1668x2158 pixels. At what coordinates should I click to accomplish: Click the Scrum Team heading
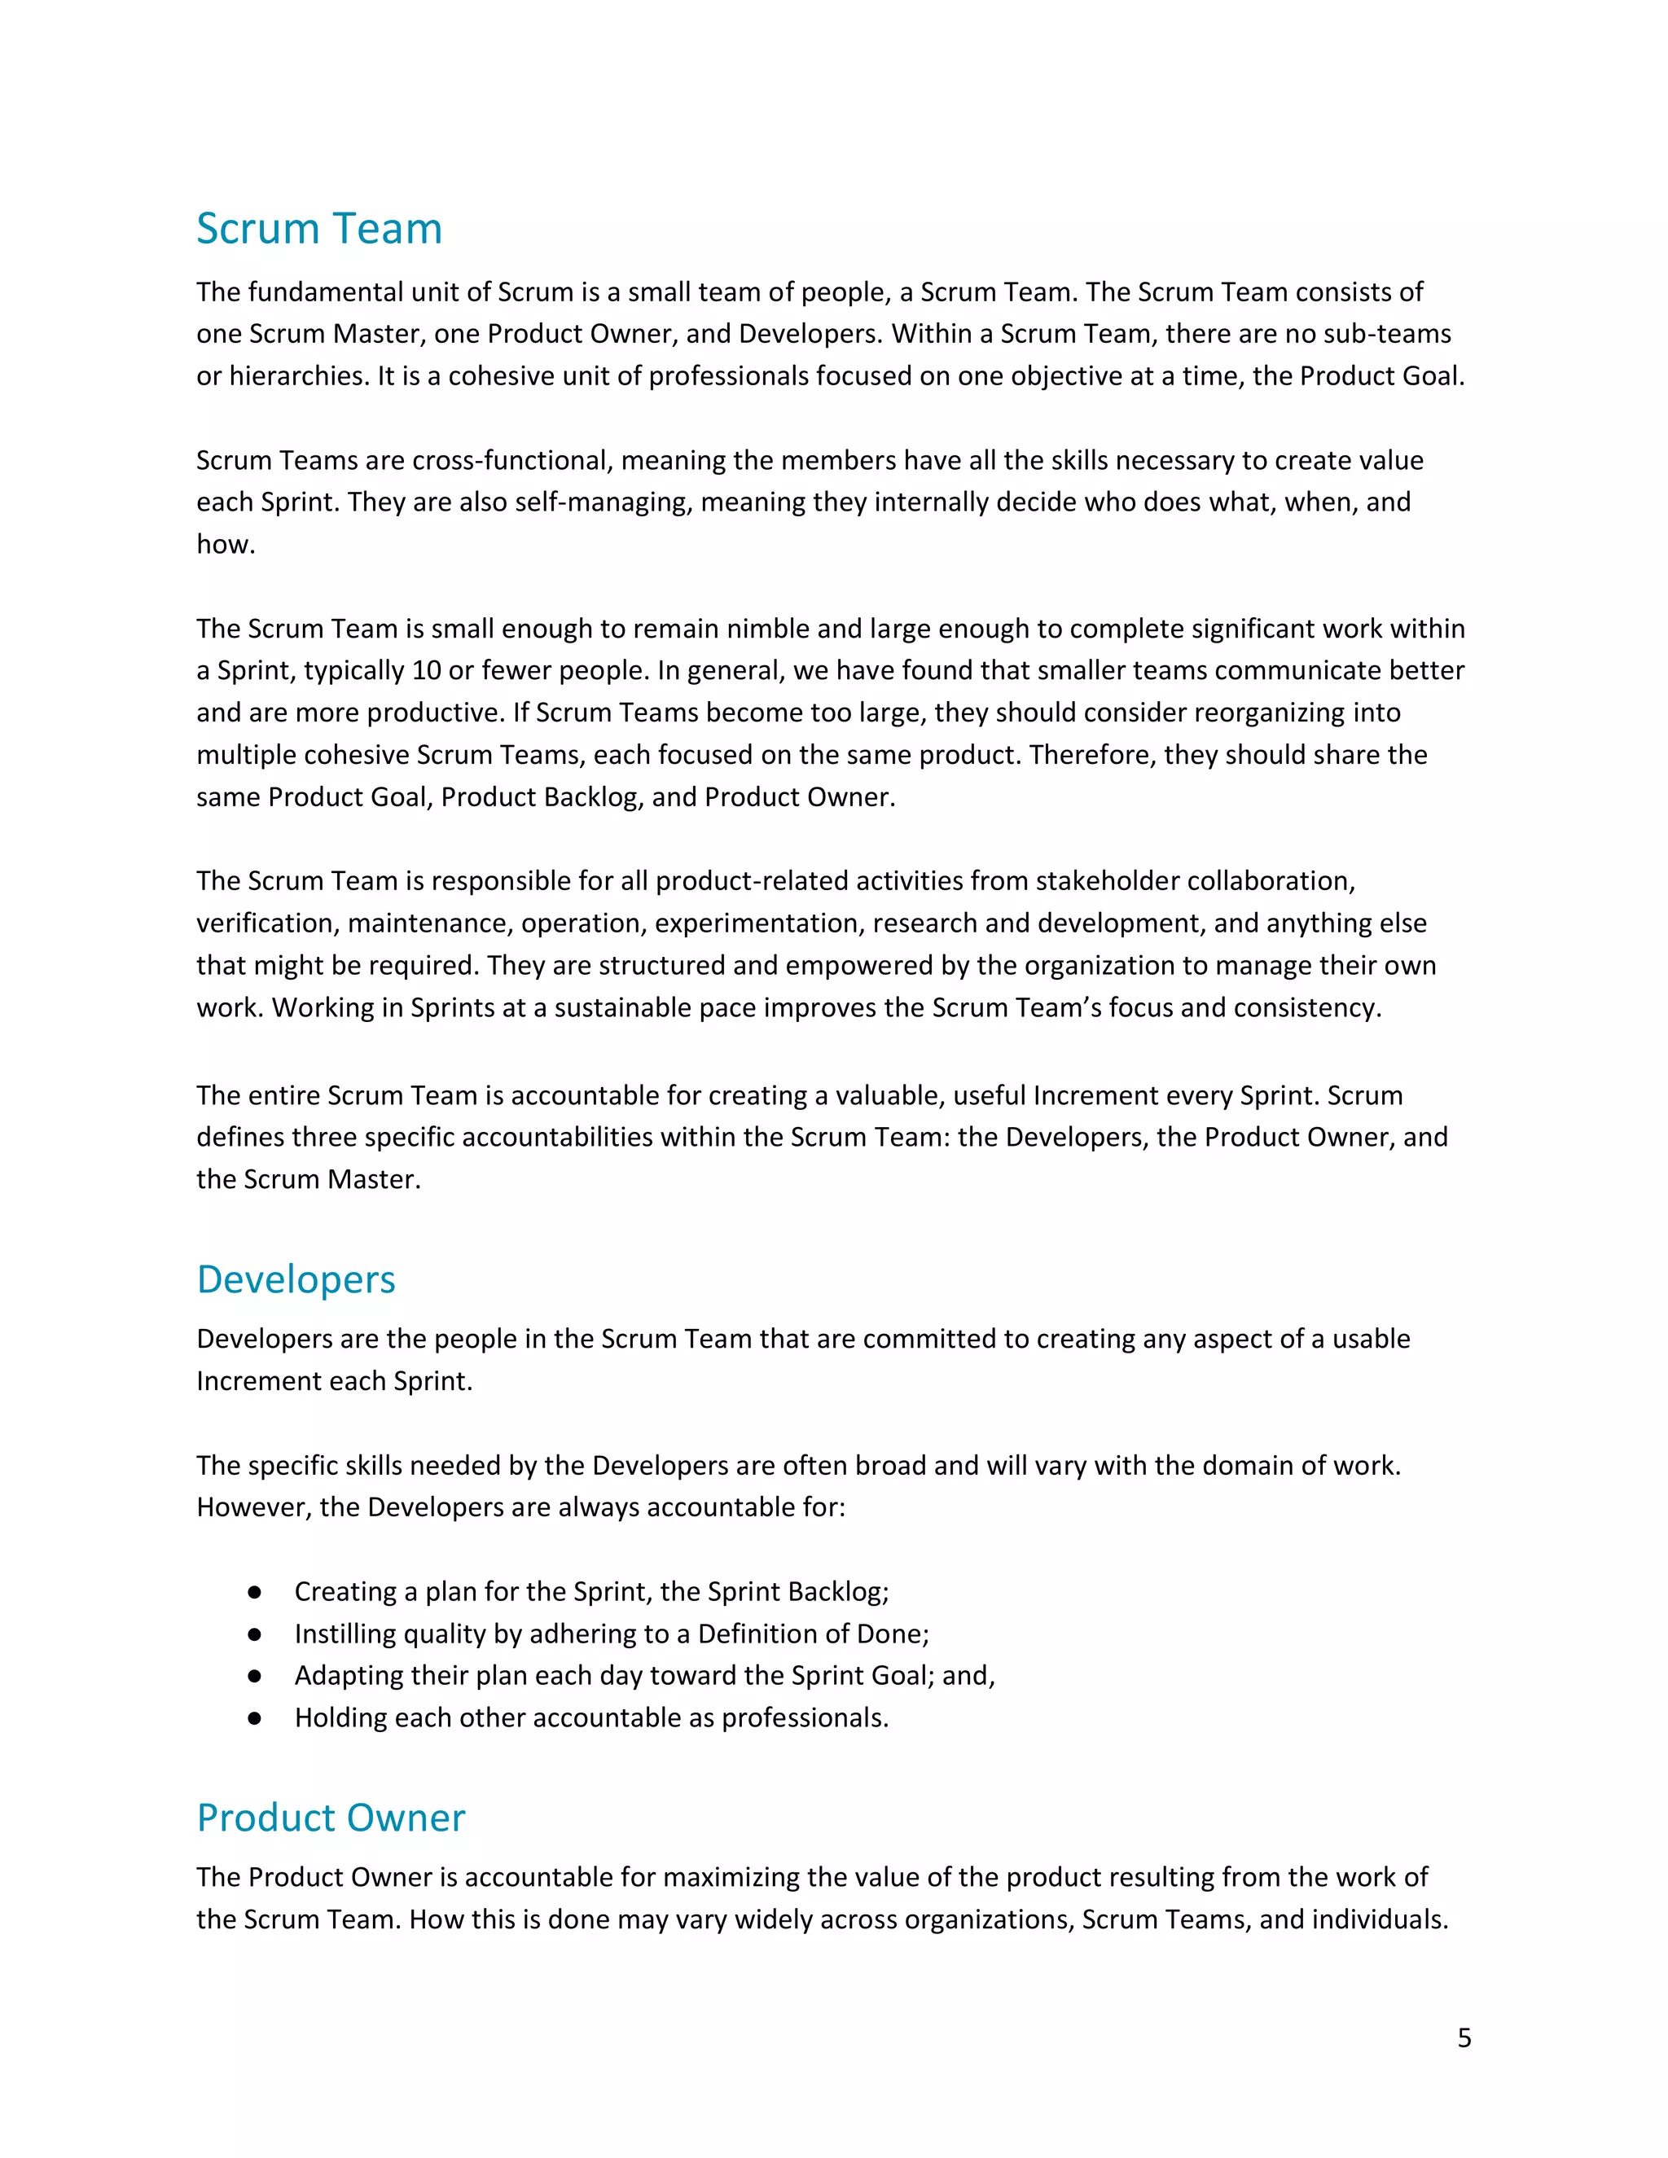[x=318, y=230]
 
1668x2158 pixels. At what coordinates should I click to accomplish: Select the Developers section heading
[x=296, y=1279]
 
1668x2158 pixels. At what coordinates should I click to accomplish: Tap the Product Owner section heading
[x=330, y=1818]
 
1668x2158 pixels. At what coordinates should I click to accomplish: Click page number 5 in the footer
[x=1464, y=2037]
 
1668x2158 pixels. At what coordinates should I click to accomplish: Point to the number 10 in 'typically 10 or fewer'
[x=426, y=671]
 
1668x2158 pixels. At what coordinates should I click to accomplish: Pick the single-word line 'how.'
[x=226, y=545]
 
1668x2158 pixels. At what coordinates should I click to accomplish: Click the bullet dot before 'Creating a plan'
[x=254, y=1592]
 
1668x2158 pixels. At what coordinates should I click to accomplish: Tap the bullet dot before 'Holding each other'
[x=254, y=1718]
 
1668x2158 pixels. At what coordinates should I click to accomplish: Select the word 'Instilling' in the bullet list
[x=339, y=1634]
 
